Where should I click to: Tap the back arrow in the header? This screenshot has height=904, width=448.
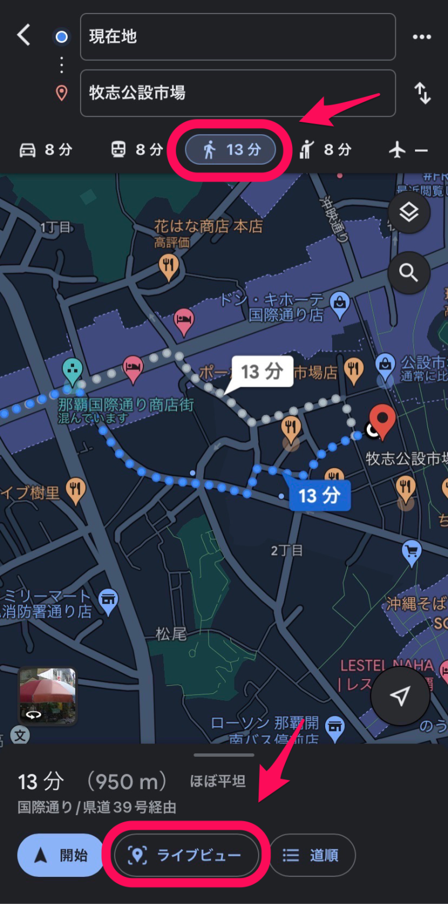point(24,36)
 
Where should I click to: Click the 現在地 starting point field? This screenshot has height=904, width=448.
point(238,36)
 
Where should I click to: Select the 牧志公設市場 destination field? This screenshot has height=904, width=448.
point(238,93)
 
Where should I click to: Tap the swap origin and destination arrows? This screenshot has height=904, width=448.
point(422,93)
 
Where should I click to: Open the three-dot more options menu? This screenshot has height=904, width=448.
point(422,37)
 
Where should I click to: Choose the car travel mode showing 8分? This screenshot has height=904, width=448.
point(46,150)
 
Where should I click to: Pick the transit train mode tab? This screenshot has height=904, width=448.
point(136,150)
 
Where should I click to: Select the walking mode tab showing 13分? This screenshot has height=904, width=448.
point(231,150)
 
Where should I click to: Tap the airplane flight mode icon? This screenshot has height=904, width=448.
point(398,150)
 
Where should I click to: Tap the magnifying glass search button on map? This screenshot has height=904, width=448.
point(409,272)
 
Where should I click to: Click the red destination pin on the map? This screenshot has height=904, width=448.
point(383,421)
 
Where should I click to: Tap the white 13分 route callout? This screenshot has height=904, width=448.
point(262,372)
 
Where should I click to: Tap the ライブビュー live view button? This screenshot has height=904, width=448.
point(186,855)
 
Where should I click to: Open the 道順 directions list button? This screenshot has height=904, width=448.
point(312,855)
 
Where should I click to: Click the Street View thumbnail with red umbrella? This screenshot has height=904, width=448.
point(47,694)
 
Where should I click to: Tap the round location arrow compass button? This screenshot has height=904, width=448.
point(400,696)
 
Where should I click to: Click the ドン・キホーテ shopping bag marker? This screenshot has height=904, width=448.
point(340,303)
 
